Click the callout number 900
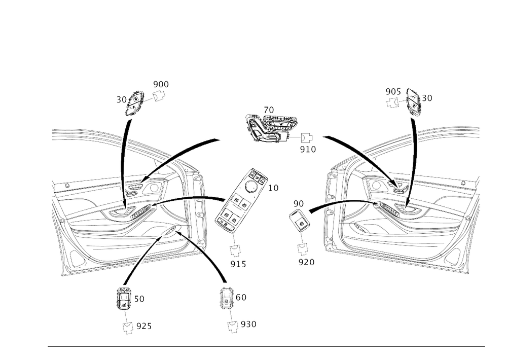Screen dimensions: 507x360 point(161,84)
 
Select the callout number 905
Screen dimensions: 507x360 point(393,92)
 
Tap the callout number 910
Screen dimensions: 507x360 point(308,150)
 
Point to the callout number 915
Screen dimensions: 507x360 point(238,264)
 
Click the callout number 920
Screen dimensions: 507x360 point(306,262)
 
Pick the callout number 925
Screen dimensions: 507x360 point(144,326)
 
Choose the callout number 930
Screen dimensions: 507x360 point(248,324)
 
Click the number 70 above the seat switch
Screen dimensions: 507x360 point(269,111)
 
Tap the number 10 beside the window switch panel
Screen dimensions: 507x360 point(273,188)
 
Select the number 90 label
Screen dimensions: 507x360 point(299,204)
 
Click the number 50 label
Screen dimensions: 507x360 point(139,299)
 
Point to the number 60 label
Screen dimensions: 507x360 point(241,297)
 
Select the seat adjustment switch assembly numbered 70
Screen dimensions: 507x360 point(268,128)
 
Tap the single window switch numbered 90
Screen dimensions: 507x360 point(299,220)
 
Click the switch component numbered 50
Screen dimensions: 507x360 point(123,299)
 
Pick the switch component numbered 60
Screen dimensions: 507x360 point(227,298)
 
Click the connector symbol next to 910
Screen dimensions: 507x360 point(307,138)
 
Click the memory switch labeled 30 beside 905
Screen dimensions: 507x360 point(413,102)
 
